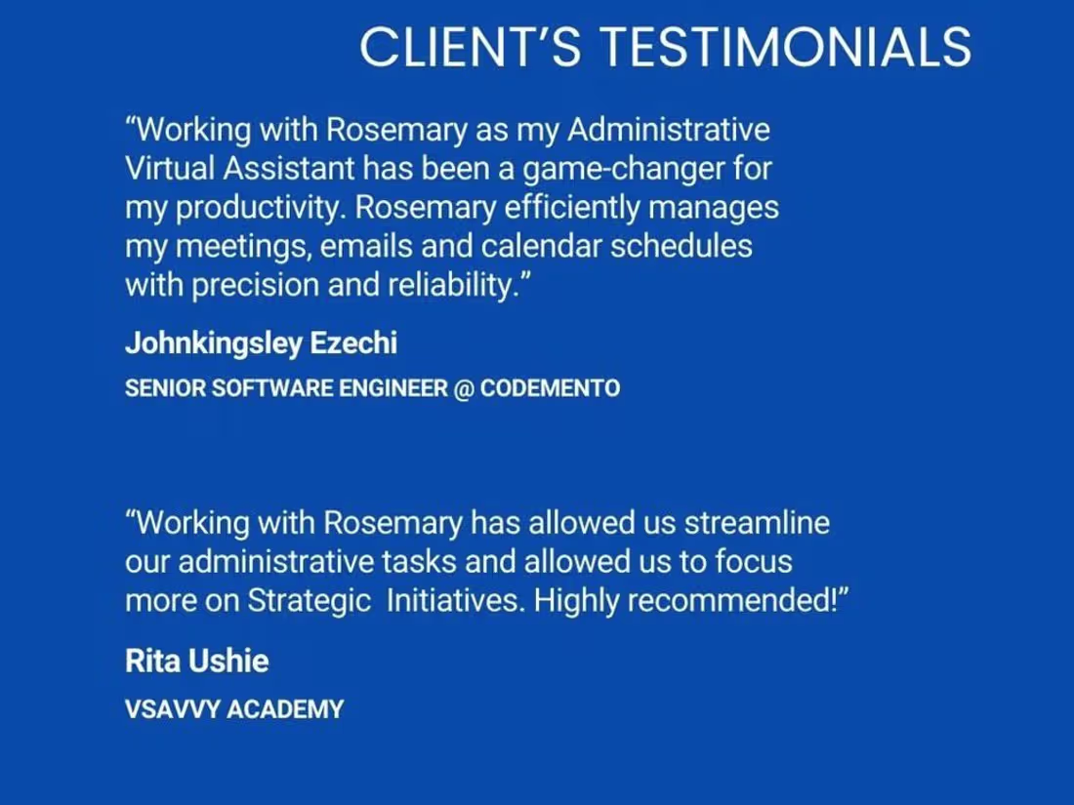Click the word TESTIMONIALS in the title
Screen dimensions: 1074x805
786,47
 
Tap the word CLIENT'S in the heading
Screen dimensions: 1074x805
471,47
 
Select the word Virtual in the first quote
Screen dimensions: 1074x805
170,169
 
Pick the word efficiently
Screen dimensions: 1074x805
572,209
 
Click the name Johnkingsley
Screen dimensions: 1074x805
213,343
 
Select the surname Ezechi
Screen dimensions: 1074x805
353,342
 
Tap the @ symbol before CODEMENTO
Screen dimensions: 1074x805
464,388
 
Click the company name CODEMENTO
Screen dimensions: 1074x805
550,388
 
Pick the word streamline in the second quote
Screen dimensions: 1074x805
757,523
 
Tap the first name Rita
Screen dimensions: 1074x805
152,662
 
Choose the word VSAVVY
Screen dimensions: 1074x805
172,709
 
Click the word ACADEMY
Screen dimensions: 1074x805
285,709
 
